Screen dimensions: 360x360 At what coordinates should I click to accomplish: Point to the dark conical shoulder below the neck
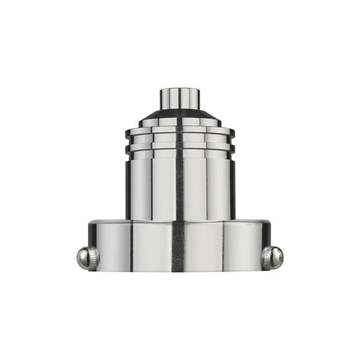tap(179, 115)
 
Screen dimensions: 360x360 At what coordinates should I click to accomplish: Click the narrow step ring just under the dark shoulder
tap(179, 122)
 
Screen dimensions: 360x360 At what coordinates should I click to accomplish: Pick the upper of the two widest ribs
tap(179, 131)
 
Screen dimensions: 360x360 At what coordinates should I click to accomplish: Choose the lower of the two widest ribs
tap(179, 148)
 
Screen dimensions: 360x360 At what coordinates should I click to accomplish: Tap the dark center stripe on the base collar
tap(179, 246)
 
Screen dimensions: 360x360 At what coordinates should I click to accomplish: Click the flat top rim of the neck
tap(179, 89)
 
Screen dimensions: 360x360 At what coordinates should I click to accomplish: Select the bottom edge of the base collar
tap(179, 270)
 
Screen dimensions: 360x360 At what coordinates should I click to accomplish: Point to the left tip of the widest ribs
tap(127, 139)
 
